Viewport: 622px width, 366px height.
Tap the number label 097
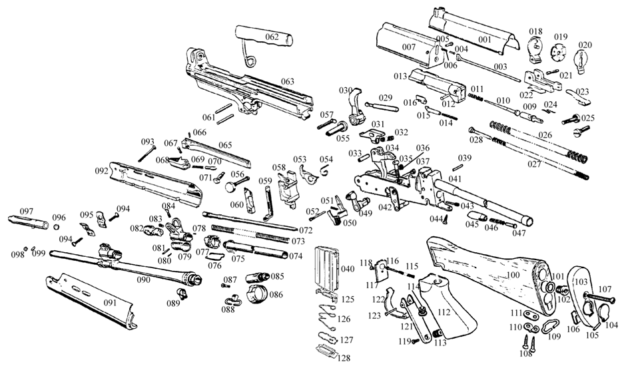click(x=27, y=210)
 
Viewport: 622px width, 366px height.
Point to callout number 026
click(x=545, y=136)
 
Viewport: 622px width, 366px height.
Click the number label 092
click(x=101, y=171)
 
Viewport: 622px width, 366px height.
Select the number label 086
click(x=276, y=293)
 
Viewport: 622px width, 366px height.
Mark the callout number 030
click(x=345, y=91)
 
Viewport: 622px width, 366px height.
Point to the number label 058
click(x=278, y=168)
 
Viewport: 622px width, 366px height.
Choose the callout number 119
click(x=403, y=341)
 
